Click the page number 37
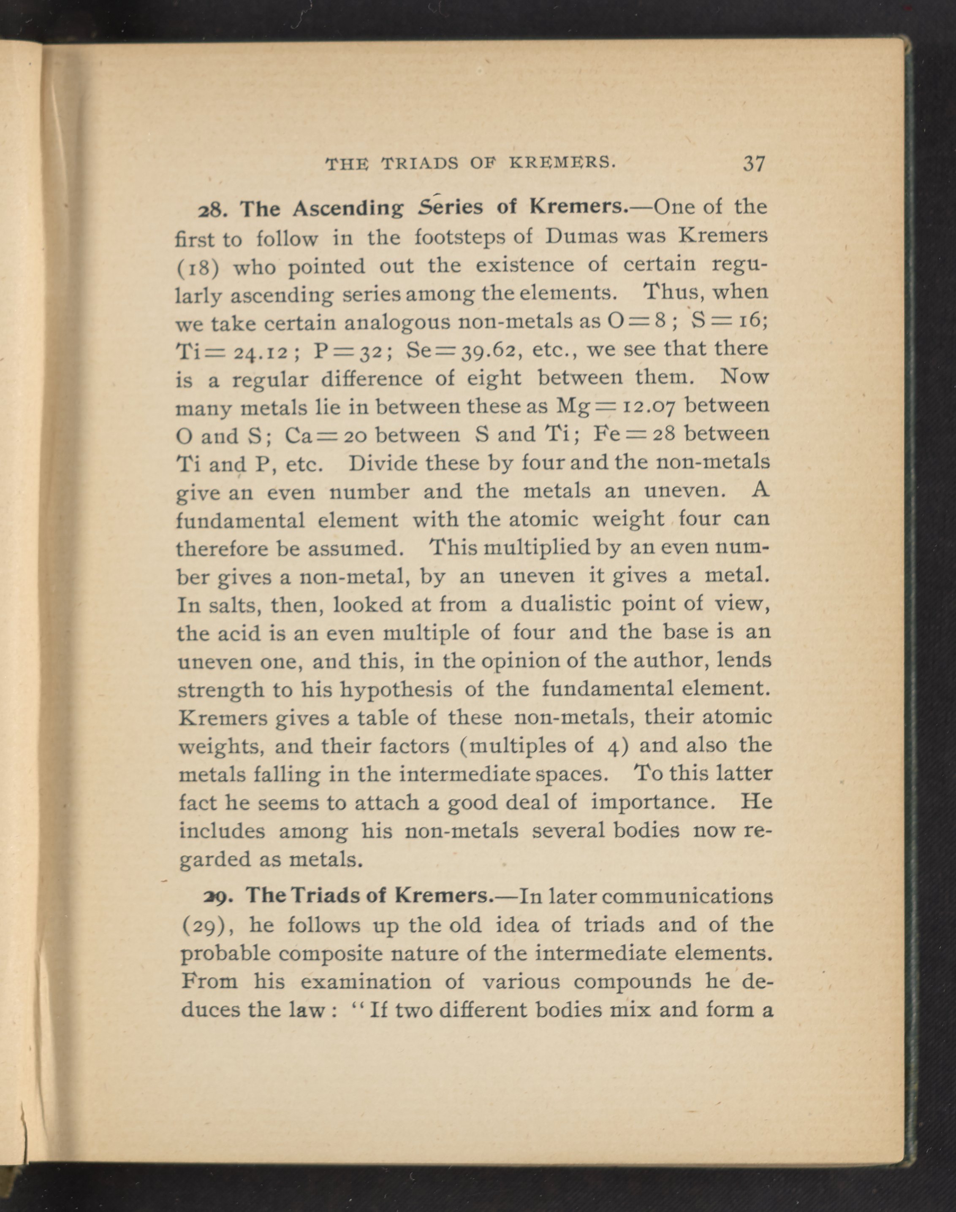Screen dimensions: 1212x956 [x=753, y=163]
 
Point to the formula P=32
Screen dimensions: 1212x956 [x=347, y=351]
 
